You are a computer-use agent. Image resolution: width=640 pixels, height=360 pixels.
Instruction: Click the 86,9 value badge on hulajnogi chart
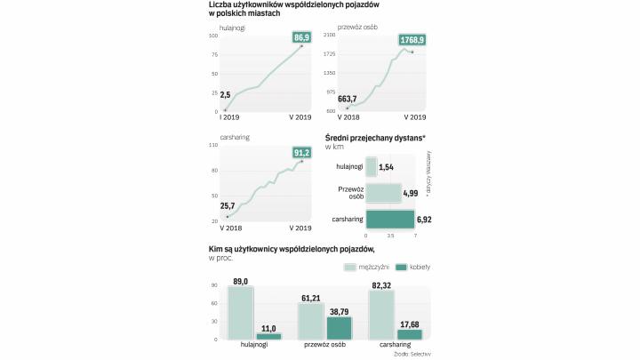301,37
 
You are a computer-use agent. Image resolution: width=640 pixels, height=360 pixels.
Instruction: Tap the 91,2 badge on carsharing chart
301,152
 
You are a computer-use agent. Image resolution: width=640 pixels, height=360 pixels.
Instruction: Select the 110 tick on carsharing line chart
213,144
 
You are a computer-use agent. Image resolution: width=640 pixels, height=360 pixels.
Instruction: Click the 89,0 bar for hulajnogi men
240,312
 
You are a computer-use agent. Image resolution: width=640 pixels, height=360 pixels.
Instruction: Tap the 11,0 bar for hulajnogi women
268,335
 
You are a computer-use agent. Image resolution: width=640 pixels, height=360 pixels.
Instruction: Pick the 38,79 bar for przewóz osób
340,327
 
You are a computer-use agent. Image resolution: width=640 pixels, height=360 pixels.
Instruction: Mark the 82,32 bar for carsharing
381,315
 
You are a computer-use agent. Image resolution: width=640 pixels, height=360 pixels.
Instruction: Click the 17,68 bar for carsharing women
410,333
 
